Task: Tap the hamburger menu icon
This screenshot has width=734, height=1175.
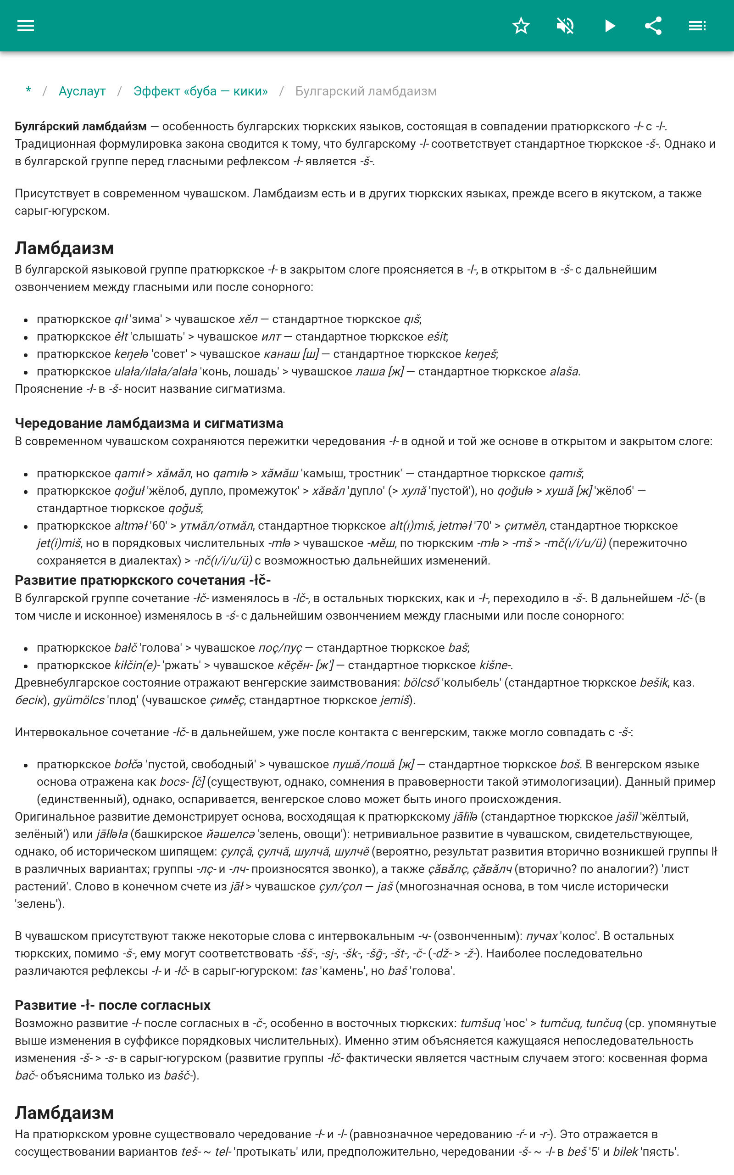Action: point(26,26)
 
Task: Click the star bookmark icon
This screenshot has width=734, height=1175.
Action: point(521,26)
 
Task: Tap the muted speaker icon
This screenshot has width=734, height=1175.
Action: point(565,26)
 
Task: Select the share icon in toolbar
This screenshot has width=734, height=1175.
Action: point(653,26)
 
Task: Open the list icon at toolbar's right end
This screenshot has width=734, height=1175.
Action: point(697,26)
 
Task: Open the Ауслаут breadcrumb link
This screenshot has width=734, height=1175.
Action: point(82,91)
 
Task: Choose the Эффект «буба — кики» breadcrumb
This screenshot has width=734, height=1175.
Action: point(200,91)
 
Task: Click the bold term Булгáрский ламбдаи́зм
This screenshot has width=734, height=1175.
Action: point(81,127)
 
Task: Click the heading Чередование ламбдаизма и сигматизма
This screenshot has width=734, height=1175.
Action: point(149,423)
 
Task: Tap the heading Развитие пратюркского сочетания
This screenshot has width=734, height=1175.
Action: point(142,580)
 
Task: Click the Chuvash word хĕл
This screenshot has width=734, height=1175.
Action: point(248,319)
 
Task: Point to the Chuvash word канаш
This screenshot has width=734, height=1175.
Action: point(281,354)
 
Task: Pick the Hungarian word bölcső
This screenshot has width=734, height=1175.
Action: point(422,683)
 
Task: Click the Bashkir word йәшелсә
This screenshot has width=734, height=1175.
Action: point(230,834)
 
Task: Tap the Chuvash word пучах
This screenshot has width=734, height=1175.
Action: point(542,937)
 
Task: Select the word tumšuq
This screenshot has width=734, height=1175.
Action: point(480,1024)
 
